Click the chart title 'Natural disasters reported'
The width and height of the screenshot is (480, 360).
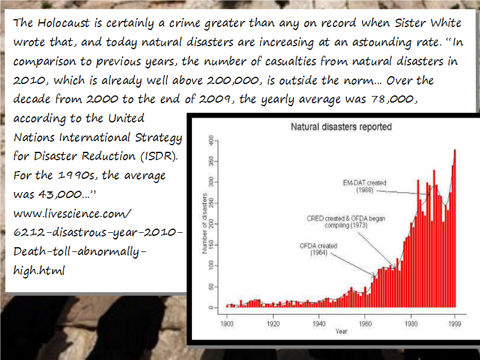341,127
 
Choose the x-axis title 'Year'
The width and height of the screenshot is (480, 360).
341,331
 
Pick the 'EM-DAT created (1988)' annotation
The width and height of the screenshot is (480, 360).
365,186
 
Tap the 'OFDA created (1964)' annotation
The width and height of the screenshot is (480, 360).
318,250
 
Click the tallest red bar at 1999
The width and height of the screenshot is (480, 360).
455,228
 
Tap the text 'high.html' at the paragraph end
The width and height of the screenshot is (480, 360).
38,270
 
